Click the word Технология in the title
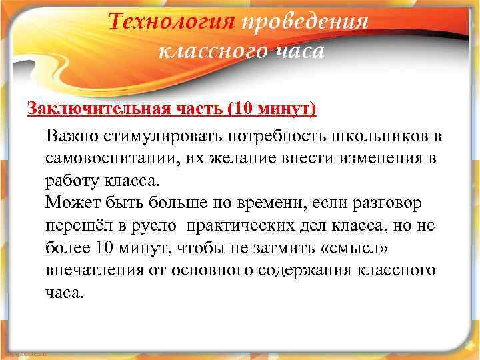pyautogui.click(x=172, y=23)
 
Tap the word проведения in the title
pyautogui.click(x=305, y=23)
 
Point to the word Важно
pyautogui.click(x=72, y=136)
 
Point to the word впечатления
pyautogui.click(x=91, y=271)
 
